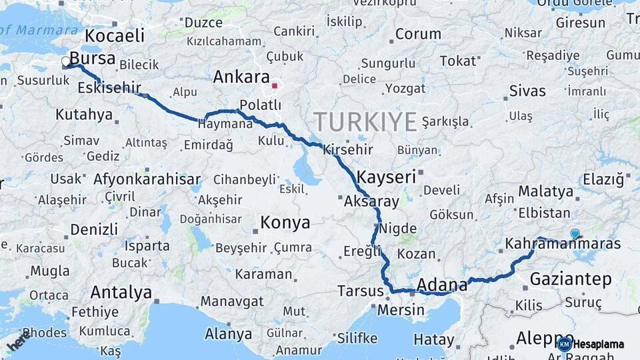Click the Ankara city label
241,77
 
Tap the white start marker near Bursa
66,62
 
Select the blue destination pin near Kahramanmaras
575,233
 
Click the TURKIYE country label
365,122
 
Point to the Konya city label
285,223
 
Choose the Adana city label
442,285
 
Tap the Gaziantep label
570,279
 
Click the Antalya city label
121,292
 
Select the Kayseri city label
387,177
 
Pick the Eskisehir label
109,87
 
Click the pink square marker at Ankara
275,85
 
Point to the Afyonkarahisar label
147,179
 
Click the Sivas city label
527,91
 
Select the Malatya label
546,191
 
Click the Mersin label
401,310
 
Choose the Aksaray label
371,201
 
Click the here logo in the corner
18,341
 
